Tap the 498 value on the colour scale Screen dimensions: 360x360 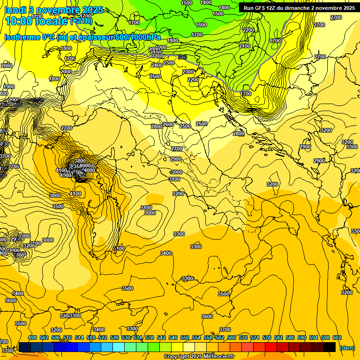pyautogui.click(x=32, y=337)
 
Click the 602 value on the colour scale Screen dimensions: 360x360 pyautogui.click(x=337, y=337)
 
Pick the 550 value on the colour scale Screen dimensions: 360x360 pyautogui.click(x=185, y=337)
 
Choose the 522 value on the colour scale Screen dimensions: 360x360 pyautogui.click(x=103, y=337)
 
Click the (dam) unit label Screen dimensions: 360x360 pyautogui.click(x=347, y=347)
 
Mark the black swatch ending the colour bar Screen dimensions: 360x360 pyautogui.click(x=330, y=347)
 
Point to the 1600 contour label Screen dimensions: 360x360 pyautogui.click(x=201, y=25)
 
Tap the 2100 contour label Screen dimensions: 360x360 pyautogui.click(x=245, y=46)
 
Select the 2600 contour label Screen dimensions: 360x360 pyautogui.click(x=168, y=125)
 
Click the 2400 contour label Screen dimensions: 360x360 pyautogui.click(x=157, y=65)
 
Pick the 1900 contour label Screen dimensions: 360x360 pyautogui.click(x=9, y=87)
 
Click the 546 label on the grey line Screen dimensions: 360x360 pyautogui.click(x=182, y=57)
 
